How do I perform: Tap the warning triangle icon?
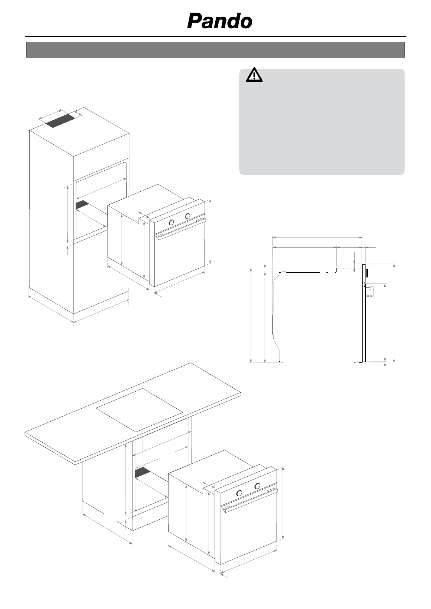point(255,74)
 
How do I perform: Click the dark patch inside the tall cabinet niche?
point(82,204)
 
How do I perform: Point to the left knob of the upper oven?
point(172,222)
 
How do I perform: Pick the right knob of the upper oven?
point(187,216)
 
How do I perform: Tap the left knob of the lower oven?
point(239,493)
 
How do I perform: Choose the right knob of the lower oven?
point(257,486)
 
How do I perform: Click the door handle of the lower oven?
point(250,500)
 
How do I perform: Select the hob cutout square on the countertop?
point(139,410)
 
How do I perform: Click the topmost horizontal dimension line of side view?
point(317,238)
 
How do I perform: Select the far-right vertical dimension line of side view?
point(394,313)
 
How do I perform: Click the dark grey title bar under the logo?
point(215,50)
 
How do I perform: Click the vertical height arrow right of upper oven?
point(210,231)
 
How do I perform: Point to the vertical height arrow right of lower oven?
point(283,503)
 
